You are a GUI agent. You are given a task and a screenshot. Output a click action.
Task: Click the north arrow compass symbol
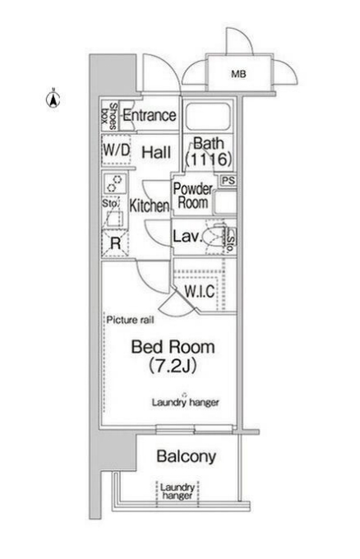pyautogui.click(x=53, y=99)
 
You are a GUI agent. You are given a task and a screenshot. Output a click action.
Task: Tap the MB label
pyautogui.click(x=238, y=74)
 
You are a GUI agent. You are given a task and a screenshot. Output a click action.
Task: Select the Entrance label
pyautogui.click(x=150, y=115)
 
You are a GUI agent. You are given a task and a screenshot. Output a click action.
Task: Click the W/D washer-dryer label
pyautogui.click(x=116, y=150)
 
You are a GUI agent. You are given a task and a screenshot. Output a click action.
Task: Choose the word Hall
pyautogui.click(x=156, y=153)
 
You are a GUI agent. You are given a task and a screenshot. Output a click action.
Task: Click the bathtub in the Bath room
pyautogui.click(x=208, y=117)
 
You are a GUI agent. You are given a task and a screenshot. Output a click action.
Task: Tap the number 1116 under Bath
pyautogui.click(x=209, y=159)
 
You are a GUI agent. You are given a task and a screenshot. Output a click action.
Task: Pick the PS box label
pyautogui.click(x=228, y=180)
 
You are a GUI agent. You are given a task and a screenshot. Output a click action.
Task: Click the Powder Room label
pyautogui.click(x=193, y=196)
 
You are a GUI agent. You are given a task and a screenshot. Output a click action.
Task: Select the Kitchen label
pyautogui.click(x=149, y=206)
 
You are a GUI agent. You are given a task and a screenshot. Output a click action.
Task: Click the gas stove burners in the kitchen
pyautogui.click(x=116, y=182)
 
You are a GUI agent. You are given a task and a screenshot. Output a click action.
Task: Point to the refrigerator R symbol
pyautogui.click(x=116, y=243)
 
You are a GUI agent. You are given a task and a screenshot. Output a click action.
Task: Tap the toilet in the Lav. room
pyautogui.click(x=213, y=236)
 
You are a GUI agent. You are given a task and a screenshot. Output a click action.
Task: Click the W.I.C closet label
pyautogui.click(x=199, y=291)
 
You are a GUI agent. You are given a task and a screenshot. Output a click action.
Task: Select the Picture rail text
pyautogui.click(x=131, y=320)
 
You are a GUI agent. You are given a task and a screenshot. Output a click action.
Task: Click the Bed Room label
pyautogui.click(x=173, y=347)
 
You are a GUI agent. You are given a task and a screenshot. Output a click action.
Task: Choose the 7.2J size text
pyautogui.click(x=173, y=366)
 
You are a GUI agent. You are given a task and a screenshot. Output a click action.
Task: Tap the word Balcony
pyautogui.click(x=187, y=456)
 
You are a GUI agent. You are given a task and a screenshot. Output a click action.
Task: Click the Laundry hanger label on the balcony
pyautogui.click(x=178, y=492)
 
